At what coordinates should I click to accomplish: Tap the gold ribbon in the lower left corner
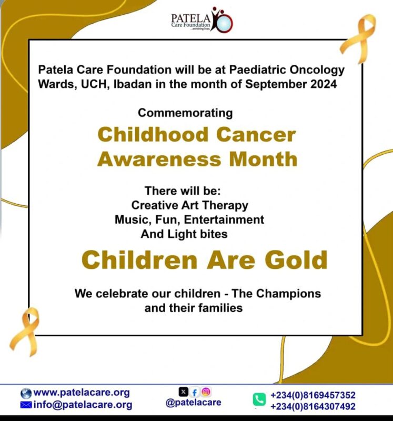25,330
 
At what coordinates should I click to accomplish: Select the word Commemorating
185,113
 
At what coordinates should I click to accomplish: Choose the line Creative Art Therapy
189,205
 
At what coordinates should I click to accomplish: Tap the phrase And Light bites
184,234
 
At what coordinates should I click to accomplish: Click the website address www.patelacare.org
82,393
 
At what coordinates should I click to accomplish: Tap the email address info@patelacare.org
83,405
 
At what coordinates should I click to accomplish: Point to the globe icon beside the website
26,393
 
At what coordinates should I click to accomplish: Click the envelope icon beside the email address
26,405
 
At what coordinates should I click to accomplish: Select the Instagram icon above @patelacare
206,392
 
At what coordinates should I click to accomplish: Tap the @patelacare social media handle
193,403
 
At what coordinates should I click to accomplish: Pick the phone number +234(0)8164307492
313,406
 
